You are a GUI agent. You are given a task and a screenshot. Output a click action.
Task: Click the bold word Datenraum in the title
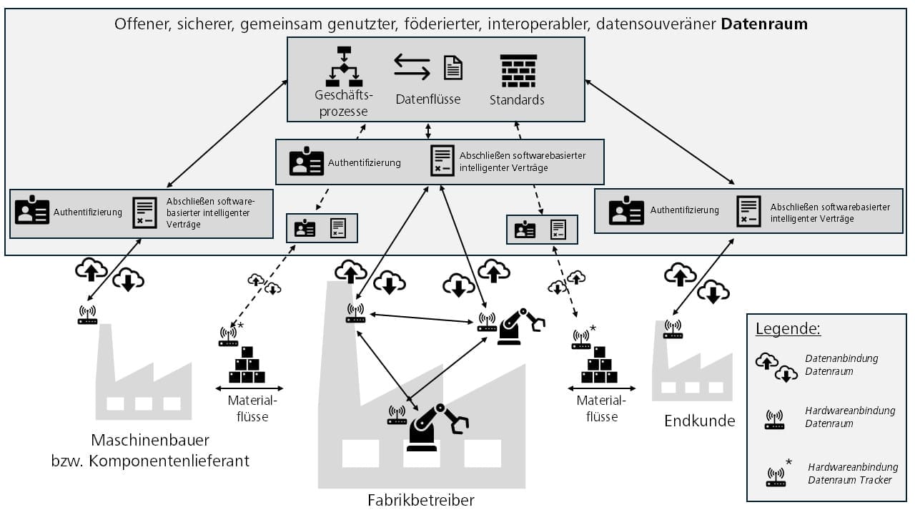point(764,24)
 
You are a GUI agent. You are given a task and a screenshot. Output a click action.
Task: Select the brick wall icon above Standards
point(518,71)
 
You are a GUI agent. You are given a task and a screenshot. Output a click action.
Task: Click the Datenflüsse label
point(428,99)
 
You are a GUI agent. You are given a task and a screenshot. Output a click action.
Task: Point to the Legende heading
point(788,329)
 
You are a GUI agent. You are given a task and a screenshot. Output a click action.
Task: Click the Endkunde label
point(699,421)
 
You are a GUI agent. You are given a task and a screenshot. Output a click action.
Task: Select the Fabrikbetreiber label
point(421,499)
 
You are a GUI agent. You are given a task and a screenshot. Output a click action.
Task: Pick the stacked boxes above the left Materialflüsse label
point(247,365)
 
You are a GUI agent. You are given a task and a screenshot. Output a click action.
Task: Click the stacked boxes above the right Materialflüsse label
point(599,365)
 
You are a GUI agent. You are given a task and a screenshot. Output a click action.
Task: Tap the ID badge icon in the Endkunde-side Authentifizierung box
point(626,212)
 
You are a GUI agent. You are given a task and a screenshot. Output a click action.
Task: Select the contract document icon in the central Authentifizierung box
point(442,161)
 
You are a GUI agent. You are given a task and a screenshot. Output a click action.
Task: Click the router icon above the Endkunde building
point(672,329)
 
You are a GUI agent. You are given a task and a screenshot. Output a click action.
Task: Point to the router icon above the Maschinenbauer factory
point(87,315)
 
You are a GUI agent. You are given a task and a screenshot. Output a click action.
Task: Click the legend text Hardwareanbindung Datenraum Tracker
point(852,474)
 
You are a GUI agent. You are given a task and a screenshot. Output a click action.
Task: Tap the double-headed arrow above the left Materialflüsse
point(247,388)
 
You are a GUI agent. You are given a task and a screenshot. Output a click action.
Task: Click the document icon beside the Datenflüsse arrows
point(453,67)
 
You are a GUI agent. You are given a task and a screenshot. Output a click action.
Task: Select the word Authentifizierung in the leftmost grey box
point(87,212)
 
